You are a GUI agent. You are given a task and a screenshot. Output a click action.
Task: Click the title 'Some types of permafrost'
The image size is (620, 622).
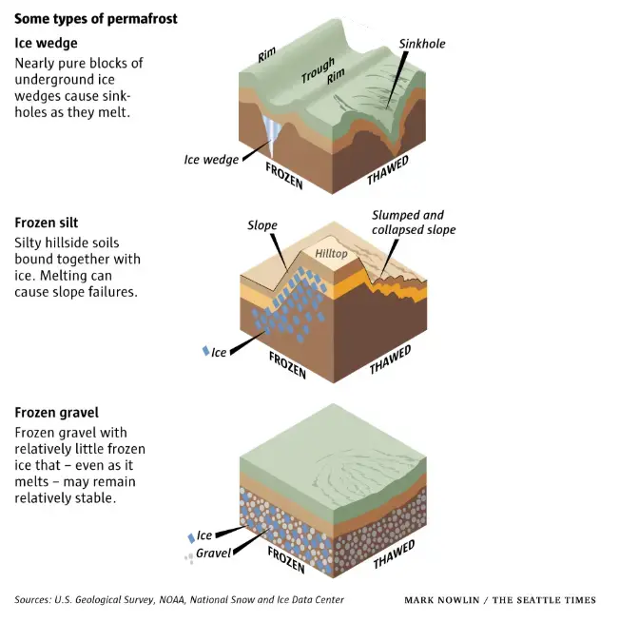coord(96,19)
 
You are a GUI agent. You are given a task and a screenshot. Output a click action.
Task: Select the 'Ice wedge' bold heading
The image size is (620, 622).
coord(46,43)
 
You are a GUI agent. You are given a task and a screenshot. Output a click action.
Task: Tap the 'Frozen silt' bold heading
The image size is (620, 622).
coord(46,223)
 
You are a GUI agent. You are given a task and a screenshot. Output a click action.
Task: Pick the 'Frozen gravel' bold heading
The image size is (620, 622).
coord(56,413)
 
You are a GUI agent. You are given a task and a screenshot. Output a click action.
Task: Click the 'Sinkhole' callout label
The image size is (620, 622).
coord(422,44)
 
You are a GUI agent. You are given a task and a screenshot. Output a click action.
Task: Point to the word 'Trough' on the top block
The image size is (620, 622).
coord(318,69)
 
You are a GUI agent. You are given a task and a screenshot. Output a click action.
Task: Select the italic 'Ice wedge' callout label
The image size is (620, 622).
coord(211,160)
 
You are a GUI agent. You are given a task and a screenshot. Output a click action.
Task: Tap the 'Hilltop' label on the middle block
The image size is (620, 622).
coord(331,254)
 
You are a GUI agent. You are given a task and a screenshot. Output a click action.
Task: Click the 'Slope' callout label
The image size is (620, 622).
coord(262,225)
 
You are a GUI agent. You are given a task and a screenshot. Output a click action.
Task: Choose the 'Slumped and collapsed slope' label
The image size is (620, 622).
coord(414,223)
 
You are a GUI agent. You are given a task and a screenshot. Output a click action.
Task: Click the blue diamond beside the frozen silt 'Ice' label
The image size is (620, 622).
coord(205,351)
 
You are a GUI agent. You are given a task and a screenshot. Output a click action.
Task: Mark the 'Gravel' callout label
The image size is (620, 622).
coord(213,553)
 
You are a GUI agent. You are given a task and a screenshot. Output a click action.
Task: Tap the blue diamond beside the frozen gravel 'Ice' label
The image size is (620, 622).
coord(191,538)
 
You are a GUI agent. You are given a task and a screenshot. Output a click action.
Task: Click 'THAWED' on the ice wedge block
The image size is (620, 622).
coord(388,170)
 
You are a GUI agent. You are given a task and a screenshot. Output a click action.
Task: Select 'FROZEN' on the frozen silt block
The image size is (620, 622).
coord(287,365)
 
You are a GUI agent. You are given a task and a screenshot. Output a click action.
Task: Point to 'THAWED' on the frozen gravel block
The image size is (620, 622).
coord(394,554)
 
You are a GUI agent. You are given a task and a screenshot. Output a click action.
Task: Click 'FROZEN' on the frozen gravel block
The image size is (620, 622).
coord(286,560)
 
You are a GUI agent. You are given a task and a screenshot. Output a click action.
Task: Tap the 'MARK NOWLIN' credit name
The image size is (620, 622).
coord(442,600)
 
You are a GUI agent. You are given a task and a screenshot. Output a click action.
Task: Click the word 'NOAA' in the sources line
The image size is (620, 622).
coord(172,599)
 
